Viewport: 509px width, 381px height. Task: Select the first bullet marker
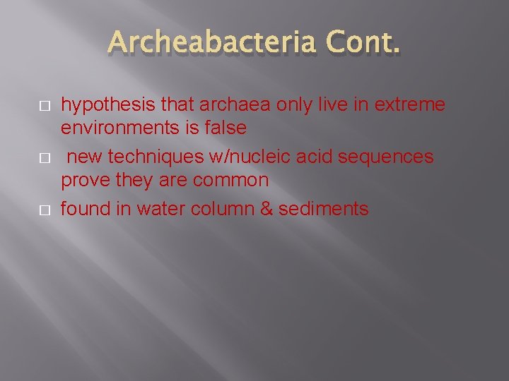tap(44, 105)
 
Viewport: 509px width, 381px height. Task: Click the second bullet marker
tap(44, 157)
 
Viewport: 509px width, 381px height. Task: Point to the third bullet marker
tap(44, 210)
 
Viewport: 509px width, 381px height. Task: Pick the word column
tap(234, 209)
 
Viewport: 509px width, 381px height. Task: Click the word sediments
tap(327, 209)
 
